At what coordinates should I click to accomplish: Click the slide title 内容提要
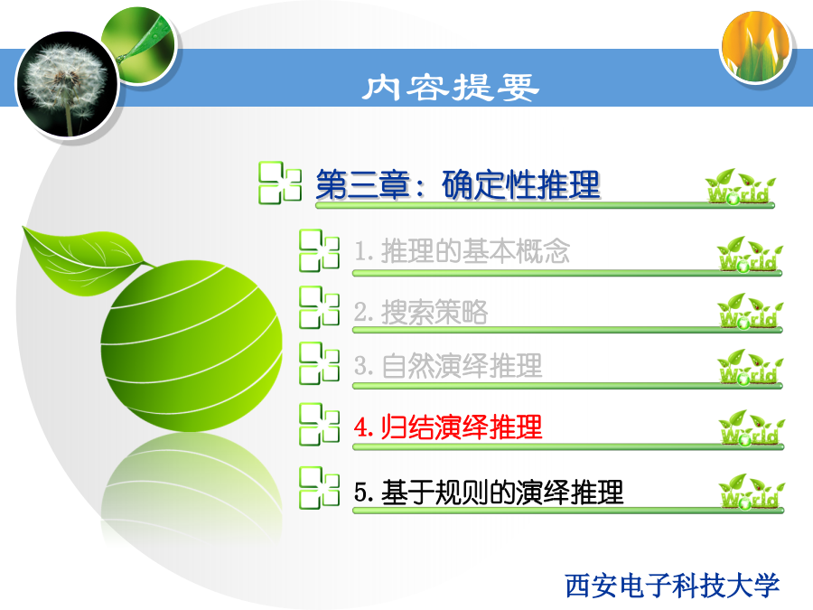tap(451, 87)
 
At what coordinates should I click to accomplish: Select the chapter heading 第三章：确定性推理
tap(458, 184)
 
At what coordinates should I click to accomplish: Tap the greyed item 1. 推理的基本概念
tap(462, 251)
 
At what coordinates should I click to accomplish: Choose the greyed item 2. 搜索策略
tap(420, 312)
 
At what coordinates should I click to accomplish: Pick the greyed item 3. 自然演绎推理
tap(448, 366)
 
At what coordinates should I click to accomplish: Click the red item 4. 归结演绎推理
tap(448, 427)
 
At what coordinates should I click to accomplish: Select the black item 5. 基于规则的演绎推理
tap(489, 492)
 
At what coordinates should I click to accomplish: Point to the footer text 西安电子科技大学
tap(672, 586)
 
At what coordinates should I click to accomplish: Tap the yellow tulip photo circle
tap(756, 47)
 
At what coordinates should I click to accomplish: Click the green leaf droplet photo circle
tap(138, 44)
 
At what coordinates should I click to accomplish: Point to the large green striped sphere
tap(192, 345)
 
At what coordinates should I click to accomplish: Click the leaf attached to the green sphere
tap(86, 260)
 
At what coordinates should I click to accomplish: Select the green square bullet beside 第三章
tap(280, 183)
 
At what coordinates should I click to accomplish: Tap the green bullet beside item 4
tap(320, 425)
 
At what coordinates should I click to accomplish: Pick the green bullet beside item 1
tap(320, 250)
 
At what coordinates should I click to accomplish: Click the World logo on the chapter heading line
tap(740, 187)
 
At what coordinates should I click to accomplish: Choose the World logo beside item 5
tap(752, 492)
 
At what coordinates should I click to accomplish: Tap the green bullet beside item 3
tap(320, 363)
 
